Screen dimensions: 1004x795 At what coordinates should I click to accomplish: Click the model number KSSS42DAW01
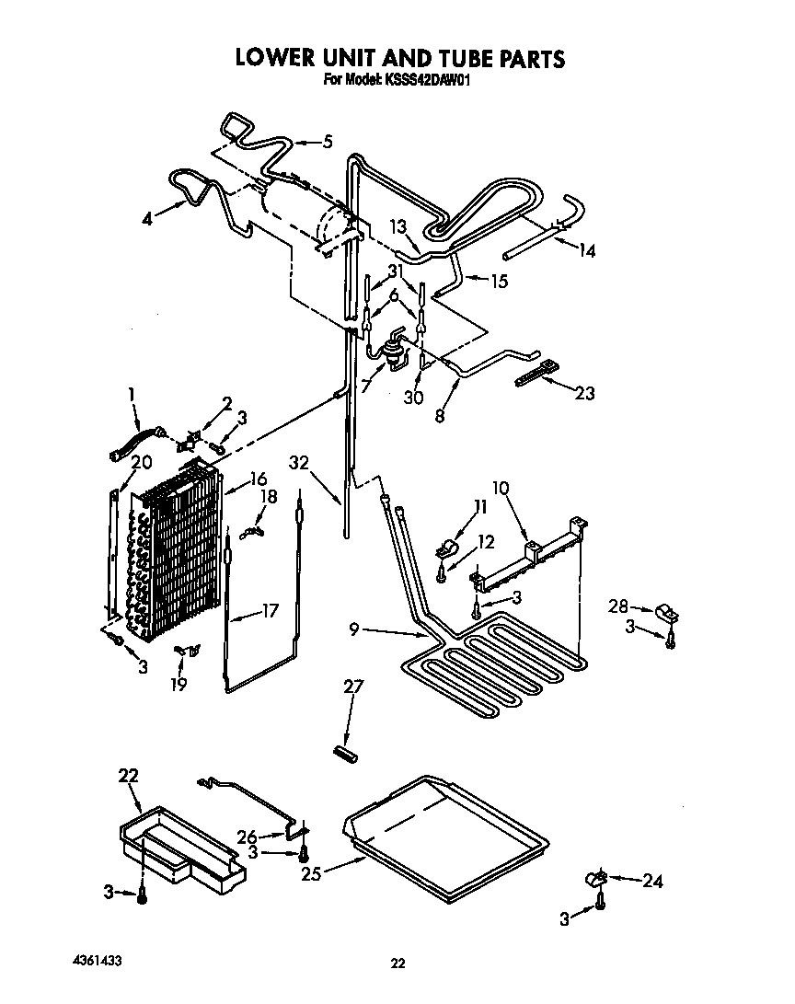click(x=429, y=80)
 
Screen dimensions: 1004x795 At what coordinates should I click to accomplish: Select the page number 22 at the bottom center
click(x=397, y=964)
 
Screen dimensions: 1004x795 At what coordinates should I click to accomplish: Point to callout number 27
click(x=353, y=687)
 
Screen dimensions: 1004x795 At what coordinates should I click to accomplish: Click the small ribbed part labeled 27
click(x=346, y=753)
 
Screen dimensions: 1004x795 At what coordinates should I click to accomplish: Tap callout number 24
click(x=652, y=883)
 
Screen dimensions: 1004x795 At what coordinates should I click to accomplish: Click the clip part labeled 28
click(x=665, y=611)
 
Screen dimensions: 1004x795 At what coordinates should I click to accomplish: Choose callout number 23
click(x=583, y=394)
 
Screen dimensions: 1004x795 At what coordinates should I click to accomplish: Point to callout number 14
click(x=585, y=250)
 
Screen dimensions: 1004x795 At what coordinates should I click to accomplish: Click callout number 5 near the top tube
click(x=326, y=142)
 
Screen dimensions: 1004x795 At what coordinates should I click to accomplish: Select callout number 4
click(x=148, y=219)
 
